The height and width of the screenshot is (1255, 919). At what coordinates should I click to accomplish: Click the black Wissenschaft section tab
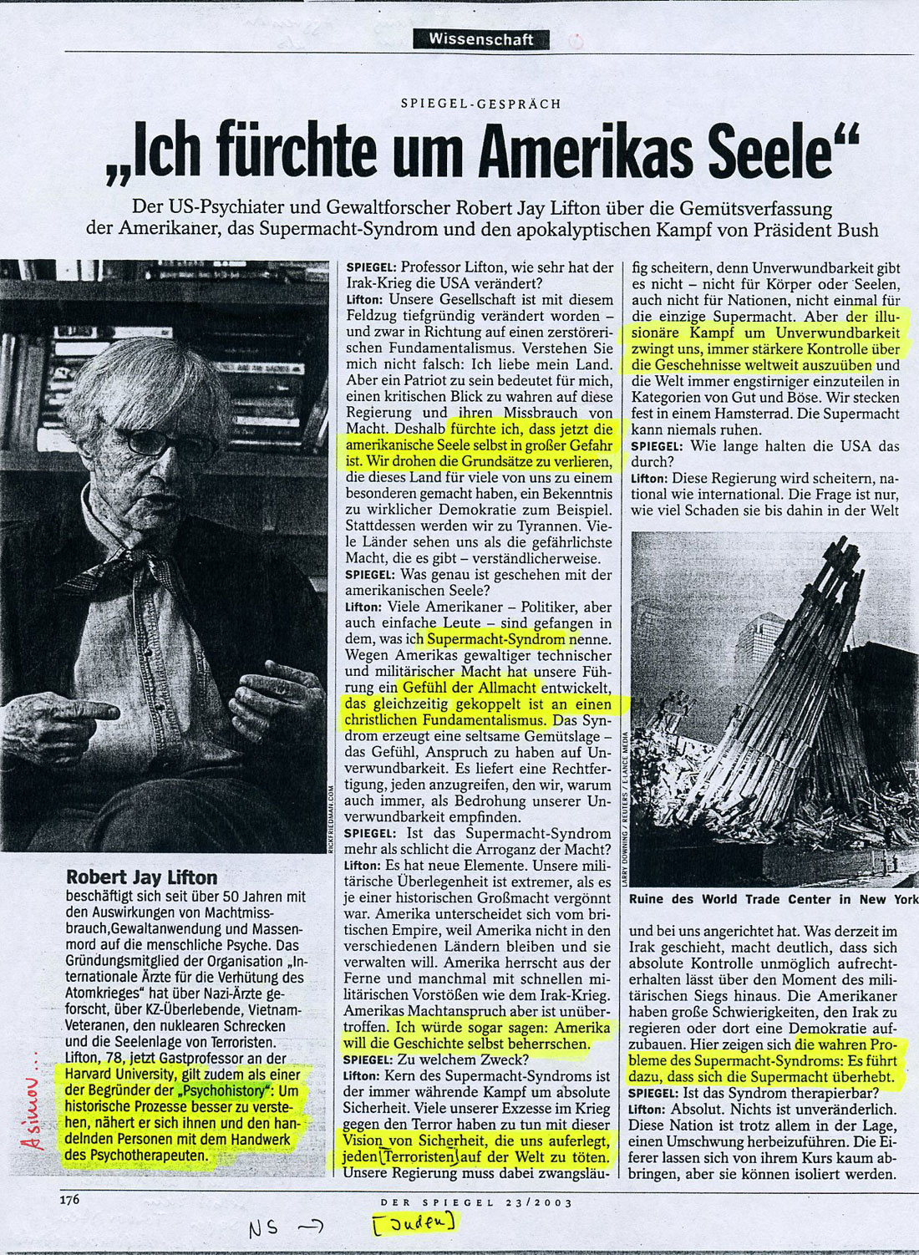(481, 39)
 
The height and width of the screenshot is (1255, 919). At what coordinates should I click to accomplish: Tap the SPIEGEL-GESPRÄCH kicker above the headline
(480, 104)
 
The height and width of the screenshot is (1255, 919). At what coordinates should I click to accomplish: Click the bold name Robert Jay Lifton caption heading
(141, 877)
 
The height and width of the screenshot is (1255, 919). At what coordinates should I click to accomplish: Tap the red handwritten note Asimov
(34, 1112)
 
